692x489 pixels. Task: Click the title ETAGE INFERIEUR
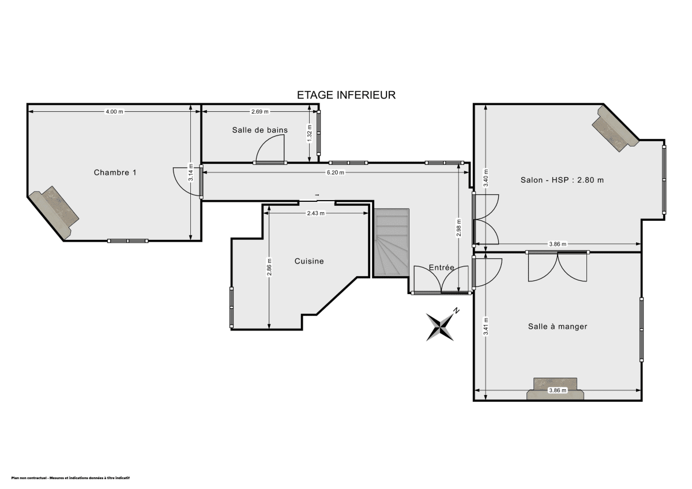click(x=346, y=95)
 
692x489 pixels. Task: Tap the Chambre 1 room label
click(x=115, y=172)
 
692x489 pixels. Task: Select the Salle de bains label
click(x=259, y=130)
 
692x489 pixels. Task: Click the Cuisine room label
click(x=309, y=261)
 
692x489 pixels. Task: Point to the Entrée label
click(x=442, y=268)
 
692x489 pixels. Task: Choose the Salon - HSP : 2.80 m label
click(x=562, y=180)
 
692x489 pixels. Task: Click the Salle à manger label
click(x=558, y=326)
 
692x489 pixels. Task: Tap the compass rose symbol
click(x=441, y=326)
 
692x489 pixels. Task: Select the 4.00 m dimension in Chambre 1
click(x=114, y=111)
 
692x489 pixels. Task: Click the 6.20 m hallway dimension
click(x=335, y=172)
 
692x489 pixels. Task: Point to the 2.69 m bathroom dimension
click(x=260, y=111)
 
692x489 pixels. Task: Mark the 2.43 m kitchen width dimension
click(x=315, y=213)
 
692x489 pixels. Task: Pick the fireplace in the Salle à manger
click(x=556, y=388)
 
